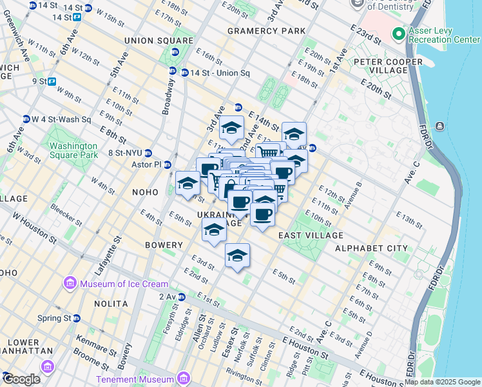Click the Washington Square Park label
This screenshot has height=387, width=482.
(73, 150)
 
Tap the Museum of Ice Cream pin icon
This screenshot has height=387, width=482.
(69, 283)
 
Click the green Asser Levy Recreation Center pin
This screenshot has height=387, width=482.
(399, 33)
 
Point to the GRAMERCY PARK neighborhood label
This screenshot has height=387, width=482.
(265, 31)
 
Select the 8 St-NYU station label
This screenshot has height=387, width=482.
(125, 153)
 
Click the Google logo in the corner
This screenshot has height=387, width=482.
(21, 379)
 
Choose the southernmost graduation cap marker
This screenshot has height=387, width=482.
(237, 256)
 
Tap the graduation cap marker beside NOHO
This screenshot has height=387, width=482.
(188, 183)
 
